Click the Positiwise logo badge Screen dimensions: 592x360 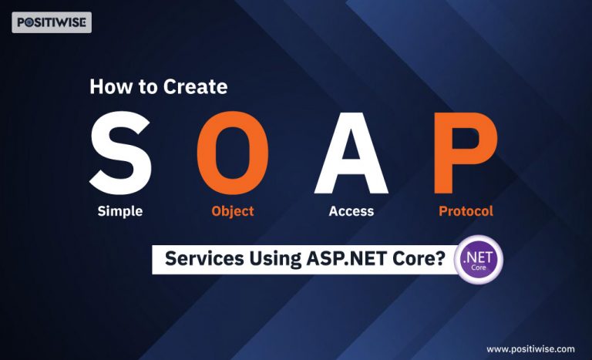pyautogui.click(x=52, y=22)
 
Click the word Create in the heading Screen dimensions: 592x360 pyautogui.click(x=196, y=86)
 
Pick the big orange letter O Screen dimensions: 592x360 pyautogui.click(x=233, y=153)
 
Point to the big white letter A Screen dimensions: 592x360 pyautogui.click(x=351, y=153)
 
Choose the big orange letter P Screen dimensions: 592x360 pyautogui.click(x=466, y=153)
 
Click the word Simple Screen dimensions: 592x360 pyautogui.click(x=120, y=211)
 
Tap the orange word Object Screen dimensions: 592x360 pyautogui.click(x=233, y=211)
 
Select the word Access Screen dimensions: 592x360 pyautogui.click(x=351, y=210)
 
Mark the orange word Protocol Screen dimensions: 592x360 pyautogui.click(x=466, y=210)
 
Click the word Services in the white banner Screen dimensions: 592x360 pyautogui.click(x=204, y=259)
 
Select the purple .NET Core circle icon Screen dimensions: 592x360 pyautogui.click(x=479, y=260)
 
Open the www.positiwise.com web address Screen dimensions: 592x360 pyautogui.click(x=530, y=349)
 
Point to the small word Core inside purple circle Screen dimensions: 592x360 pyautogui.click(x=479, y=267)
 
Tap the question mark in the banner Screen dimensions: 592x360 pyautogui.click(x=440, y=259)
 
